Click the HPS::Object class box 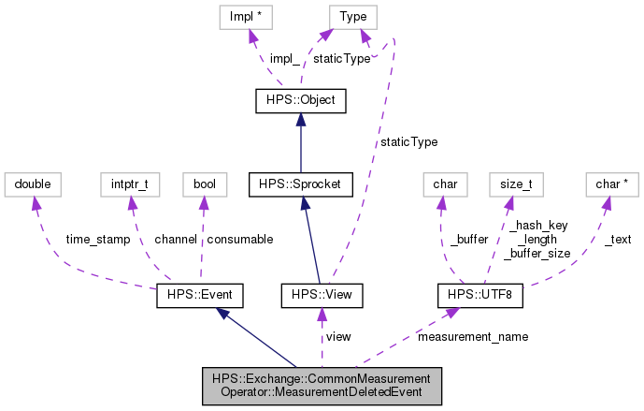295,100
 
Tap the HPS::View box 322,296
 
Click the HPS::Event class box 199,296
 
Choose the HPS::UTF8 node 479,296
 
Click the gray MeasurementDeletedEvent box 322,385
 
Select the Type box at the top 353,16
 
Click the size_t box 516,184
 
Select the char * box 608,184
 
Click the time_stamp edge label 97,240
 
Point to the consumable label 239,240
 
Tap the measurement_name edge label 473,336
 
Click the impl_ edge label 285,58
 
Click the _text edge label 617,240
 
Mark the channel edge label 175,240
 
